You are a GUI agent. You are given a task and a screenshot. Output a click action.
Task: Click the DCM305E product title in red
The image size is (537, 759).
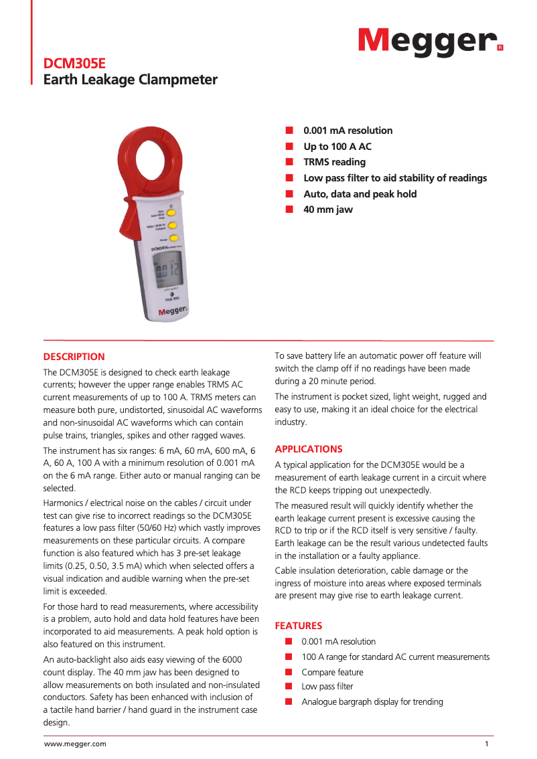coord(74,64)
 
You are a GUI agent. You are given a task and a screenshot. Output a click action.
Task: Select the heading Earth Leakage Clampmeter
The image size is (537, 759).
coord(130,80)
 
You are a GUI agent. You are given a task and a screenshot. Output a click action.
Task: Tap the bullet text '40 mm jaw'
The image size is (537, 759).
coord(327,209)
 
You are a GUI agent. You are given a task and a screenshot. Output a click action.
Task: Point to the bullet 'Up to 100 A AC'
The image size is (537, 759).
coord(337,147)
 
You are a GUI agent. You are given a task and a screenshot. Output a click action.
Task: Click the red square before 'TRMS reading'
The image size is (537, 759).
coord(289,162)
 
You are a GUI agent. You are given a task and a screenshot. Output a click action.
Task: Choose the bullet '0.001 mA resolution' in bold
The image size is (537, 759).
coord(348,131)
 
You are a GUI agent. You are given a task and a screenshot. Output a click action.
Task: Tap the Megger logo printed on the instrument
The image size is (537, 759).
coord(172,311)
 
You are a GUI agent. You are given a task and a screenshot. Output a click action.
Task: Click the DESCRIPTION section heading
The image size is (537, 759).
coord(74,357)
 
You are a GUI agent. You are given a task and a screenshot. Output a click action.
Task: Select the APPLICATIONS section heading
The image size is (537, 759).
coord(309,449)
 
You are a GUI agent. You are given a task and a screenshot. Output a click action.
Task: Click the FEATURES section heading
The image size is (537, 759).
coord(299,626)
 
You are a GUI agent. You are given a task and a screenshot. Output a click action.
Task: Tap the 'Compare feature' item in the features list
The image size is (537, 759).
coord(332,672)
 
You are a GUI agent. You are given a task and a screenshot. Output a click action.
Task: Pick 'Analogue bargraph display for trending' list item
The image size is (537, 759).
coord(372,702)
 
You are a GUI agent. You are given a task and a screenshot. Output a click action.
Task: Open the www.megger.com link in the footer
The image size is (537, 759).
coord(75,744)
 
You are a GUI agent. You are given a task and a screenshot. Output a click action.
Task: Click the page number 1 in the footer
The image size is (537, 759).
coord(487,744)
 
